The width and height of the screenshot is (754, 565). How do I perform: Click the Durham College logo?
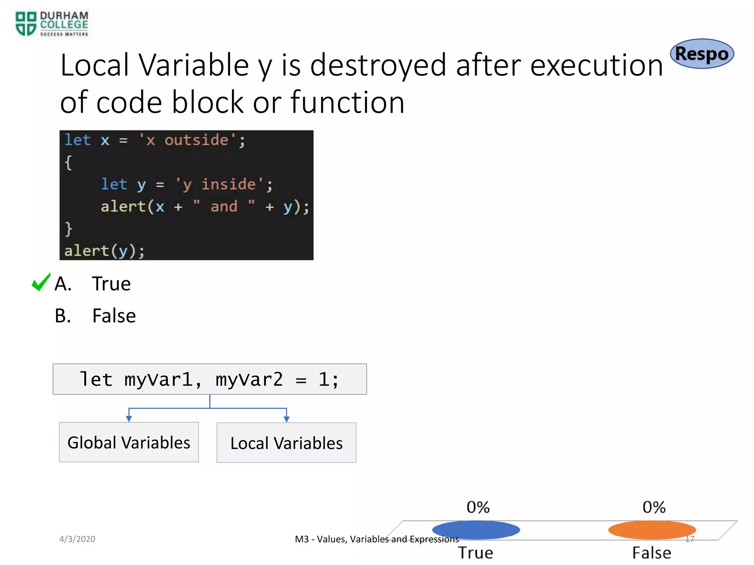(52, 24)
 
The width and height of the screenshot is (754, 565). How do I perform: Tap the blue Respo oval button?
(702, 54)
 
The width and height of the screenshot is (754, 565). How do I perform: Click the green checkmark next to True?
(40, 282)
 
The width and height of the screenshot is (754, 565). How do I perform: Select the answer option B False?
(114, 316)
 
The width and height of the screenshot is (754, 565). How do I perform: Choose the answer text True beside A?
(111, 284)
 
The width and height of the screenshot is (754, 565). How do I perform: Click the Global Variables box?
(129, 442)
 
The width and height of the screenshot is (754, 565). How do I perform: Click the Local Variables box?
(286, 443)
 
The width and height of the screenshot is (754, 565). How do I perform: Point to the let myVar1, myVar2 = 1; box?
(209, 379)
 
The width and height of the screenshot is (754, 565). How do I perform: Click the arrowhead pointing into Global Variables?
(129, 419)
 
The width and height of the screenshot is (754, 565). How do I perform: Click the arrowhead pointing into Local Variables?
(286, 419)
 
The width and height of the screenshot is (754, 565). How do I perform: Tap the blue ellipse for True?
(476, 530)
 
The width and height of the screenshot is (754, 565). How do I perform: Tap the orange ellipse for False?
(652, 530)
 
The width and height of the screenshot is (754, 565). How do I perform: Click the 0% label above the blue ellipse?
(478, 507)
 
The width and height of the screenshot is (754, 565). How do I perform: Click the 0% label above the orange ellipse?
(654, 507)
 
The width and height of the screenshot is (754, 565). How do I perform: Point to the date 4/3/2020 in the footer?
(77, 539)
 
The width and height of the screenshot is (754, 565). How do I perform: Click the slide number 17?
(690, 539)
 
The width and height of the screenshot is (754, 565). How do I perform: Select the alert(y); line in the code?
(105, 251)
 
